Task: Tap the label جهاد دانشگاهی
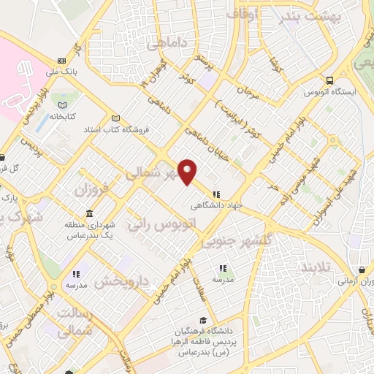pyautogui.click(x=216, y=205)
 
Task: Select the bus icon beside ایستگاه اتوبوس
pyautogui.click(x=330, y=80)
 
